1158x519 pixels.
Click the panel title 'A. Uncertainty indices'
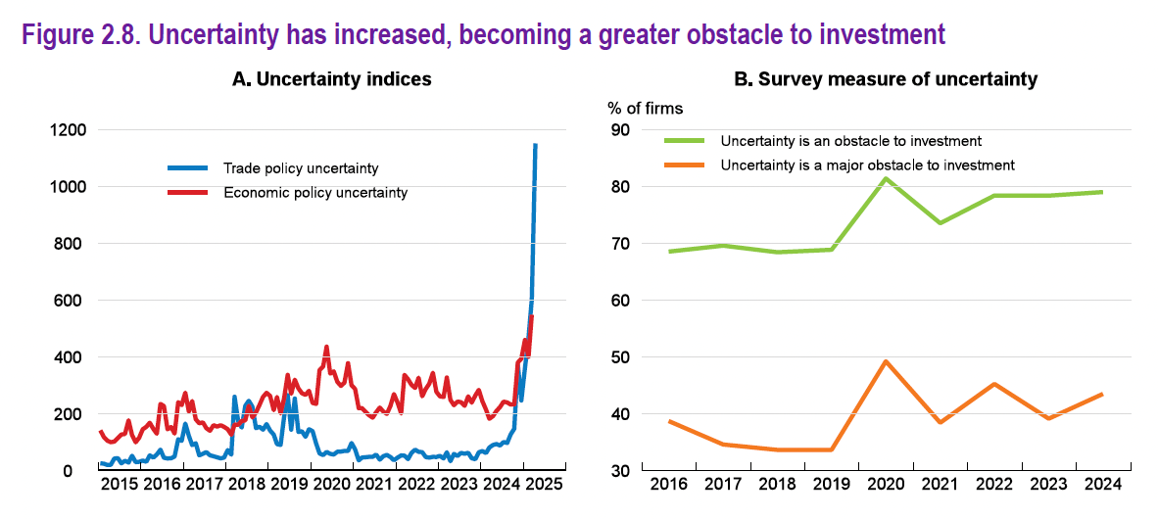coord(331,79)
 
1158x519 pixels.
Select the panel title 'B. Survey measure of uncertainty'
coord(885,79)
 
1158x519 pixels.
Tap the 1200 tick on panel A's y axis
coord(67,129)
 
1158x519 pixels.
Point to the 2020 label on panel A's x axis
coord(331,485)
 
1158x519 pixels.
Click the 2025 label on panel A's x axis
coord(544,485)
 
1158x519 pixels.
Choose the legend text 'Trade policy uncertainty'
coord(301,168)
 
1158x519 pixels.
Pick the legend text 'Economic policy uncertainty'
coord(315,193)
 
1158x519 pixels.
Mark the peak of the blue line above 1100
coord(535,144)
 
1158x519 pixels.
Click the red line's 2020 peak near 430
coord(326,347)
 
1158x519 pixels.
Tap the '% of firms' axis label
coord(646,108)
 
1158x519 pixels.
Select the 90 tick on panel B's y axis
coord(621,129)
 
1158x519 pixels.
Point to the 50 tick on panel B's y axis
coord(621,357)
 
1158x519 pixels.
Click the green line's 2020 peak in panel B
coord(886,177)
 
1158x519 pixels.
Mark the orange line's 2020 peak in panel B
coord(886,361)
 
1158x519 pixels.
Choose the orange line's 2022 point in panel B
coord(993,384)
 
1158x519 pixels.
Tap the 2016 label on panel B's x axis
coord(669,485)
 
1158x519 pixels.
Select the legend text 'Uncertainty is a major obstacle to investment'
coord(867,165)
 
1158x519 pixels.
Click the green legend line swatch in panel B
coord(685,141)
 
